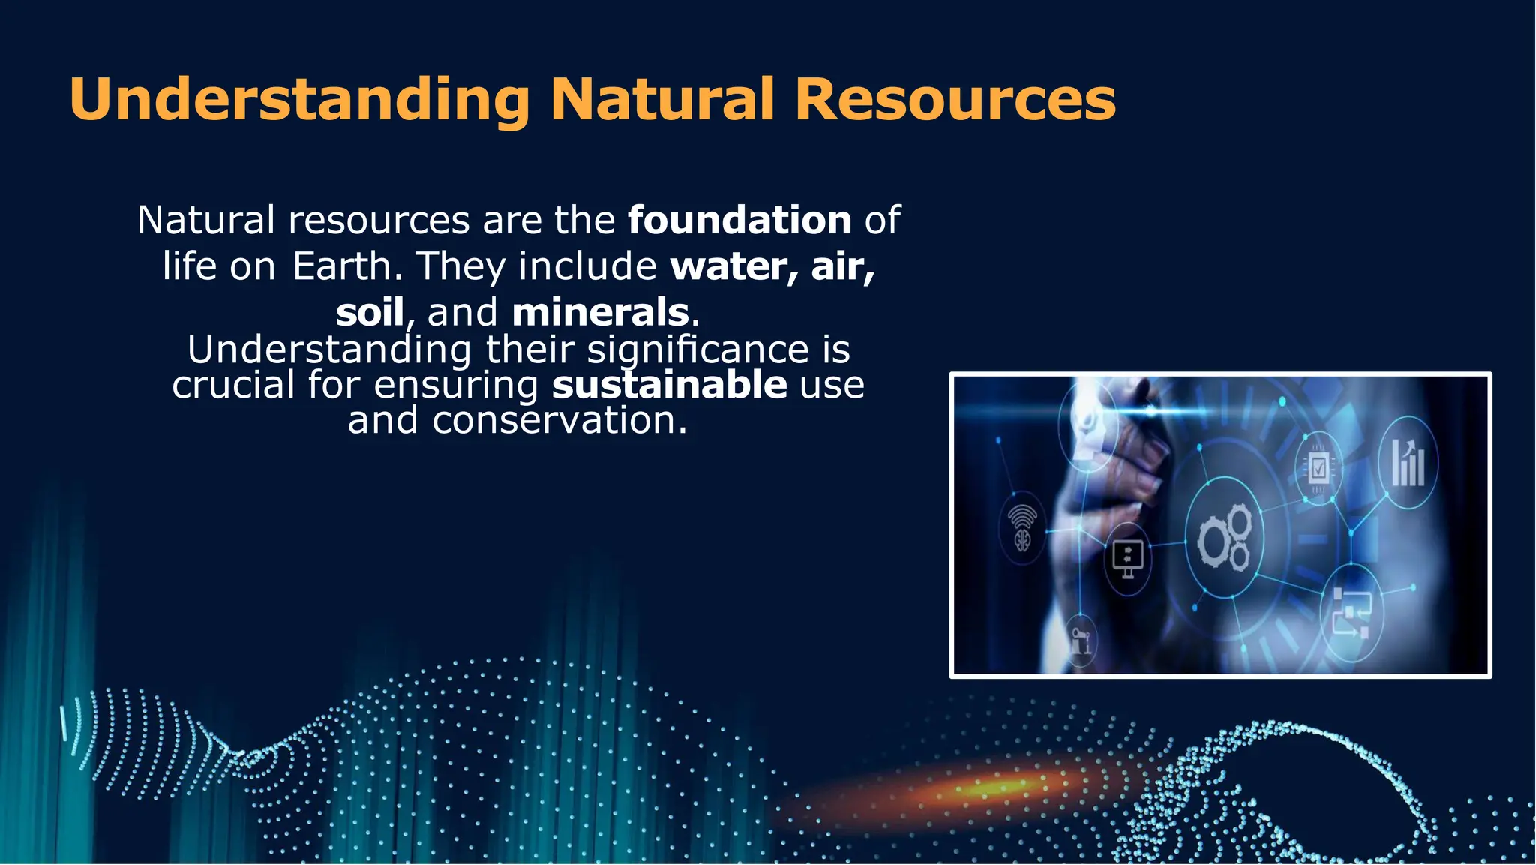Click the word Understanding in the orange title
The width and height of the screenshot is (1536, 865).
click(x=299, y=100)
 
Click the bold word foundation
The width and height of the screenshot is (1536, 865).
click(x=739, y=221)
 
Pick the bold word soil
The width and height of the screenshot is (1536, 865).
click(x=370, y=313)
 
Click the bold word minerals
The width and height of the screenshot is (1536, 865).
click(x=600, y=313)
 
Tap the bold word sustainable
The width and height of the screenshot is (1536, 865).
click(x=669, y=385)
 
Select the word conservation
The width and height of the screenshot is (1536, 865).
click(x=559, y=420)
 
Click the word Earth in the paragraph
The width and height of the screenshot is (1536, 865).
click(x=342, y=267)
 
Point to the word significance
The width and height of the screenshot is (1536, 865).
click(x=697, y=350)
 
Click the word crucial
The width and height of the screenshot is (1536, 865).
click(x=233, y=385)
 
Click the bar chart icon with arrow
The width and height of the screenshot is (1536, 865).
click(x=1408, y=464)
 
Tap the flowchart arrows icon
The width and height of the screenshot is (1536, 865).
click(x=1351, y=612)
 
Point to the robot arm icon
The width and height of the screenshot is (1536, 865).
click(x=1080, y=641)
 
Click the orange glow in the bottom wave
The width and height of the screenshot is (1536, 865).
click(x=990, y=787)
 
